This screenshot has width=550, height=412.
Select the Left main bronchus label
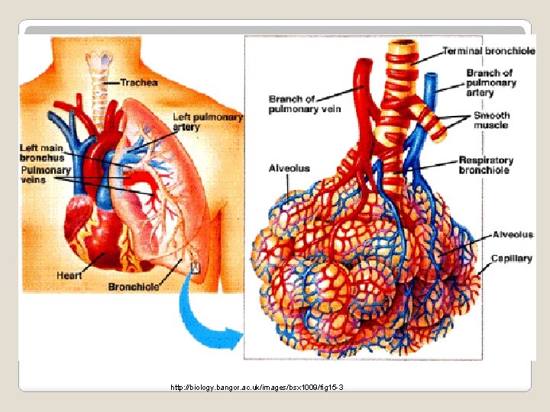click(x=43, y=152)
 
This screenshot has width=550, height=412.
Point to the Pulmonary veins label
click(x=45, y=175)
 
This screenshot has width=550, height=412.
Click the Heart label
click(x=70, y=275)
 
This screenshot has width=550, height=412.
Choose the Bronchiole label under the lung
click(x=133, y=287)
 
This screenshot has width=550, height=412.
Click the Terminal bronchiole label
click(x=483, y=51)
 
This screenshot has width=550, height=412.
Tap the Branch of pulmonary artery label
click(x=490, y=82)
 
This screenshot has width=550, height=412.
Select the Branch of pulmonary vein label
click(x=304, y=104)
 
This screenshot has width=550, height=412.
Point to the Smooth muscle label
click(x=492, y=120)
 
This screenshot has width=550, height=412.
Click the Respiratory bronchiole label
click(x=486, y=165)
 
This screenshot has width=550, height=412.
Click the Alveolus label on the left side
click(x=289, y=168)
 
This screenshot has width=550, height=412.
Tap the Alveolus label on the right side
click(x=513, y=235)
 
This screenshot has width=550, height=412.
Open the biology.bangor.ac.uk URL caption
click(x=257, y=388)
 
